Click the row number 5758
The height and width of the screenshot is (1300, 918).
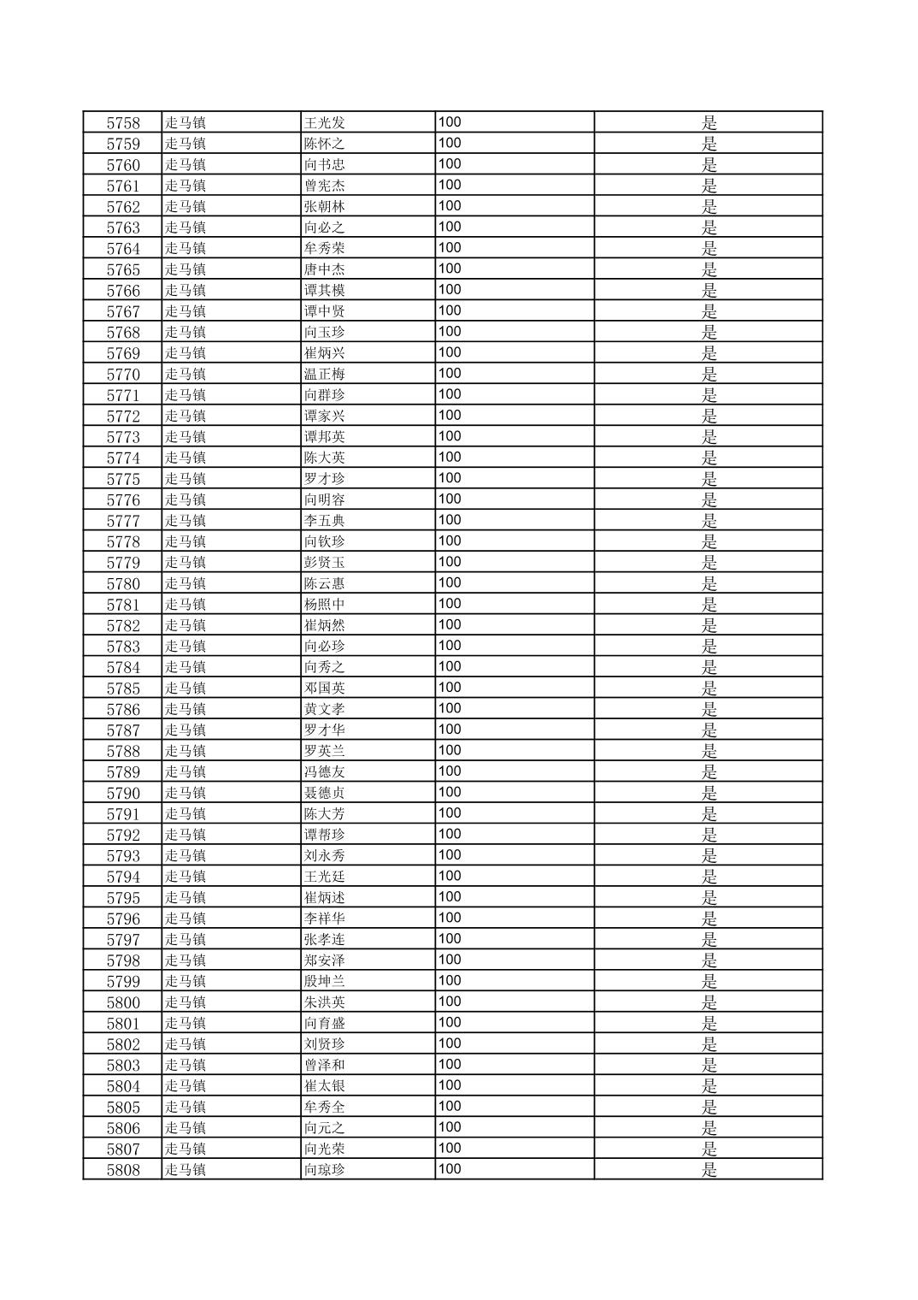click(x=123, y=123)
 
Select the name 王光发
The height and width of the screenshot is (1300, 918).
click(x=325, y=123)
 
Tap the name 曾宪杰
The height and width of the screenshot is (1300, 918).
click(x=325, y=186)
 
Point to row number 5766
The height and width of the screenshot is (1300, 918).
click(x=123, y=291)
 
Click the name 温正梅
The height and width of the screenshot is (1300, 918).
click(x=325, y=375)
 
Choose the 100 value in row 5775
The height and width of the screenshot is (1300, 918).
click(x=450, y=478)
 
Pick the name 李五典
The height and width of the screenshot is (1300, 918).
click(x=325, y=521)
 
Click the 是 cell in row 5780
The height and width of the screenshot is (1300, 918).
click(x=709, y=584)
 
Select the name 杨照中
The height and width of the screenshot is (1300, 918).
click(x=325, y=605)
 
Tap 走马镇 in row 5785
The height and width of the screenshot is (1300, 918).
click(x=185, y=688)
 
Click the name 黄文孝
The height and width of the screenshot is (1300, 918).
click(x=325, y=709)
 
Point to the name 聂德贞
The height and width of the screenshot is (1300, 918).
click(x=325, y=793)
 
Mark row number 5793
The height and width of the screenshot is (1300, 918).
click(x=123, y=856)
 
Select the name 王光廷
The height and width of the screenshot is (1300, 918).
click(x=325, y=877)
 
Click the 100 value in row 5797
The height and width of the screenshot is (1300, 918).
click(x=450, y=939)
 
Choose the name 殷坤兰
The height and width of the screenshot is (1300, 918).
click(x=325, y=982)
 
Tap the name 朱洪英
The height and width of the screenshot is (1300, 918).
click(x=325, y=1002)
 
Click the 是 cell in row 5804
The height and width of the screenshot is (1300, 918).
click(x=709, y=1086)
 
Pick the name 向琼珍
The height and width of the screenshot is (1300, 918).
click(x=325, y=1170)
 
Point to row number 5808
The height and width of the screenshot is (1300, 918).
click(x=123, y=1170)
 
